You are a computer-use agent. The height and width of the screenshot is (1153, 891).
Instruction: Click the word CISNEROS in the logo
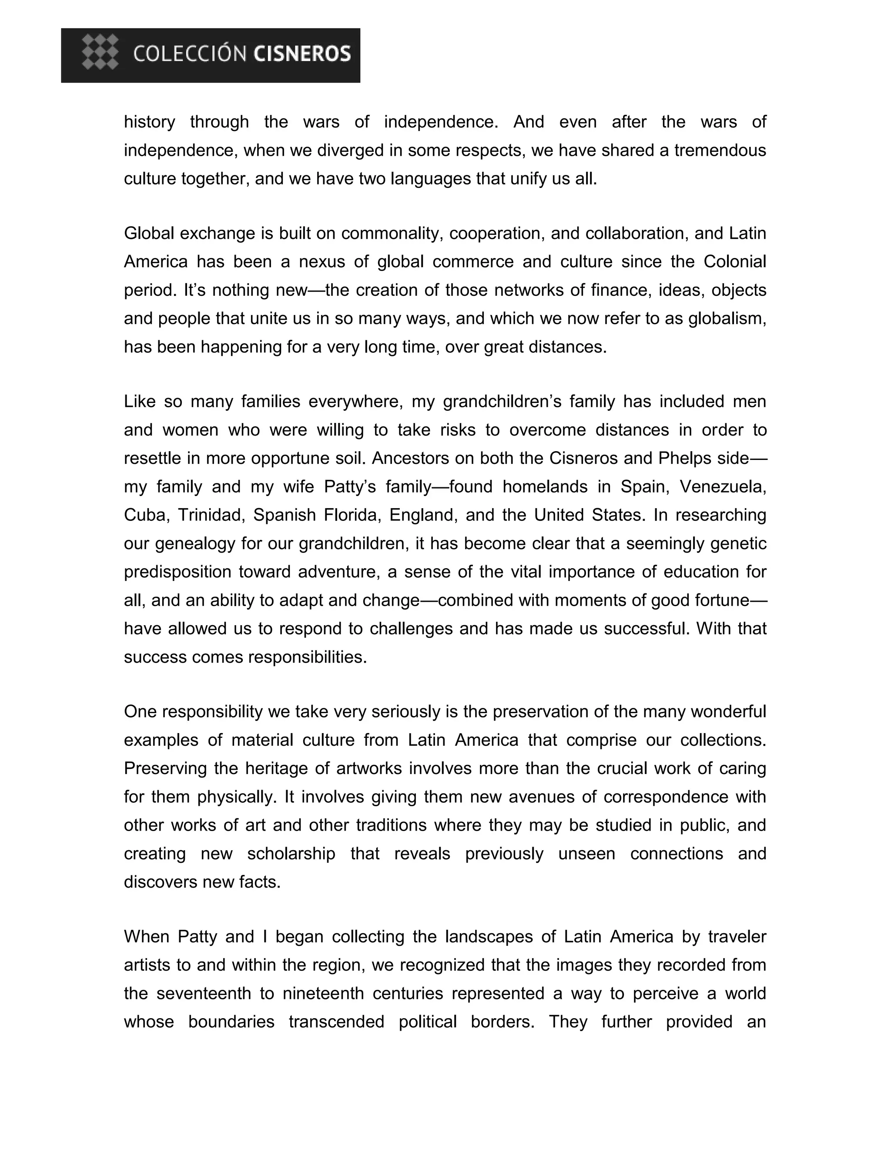point(302,54)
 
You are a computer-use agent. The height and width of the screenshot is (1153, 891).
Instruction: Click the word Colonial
point(735,262)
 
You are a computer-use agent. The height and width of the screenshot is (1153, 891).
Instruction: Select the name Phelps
point(685,458)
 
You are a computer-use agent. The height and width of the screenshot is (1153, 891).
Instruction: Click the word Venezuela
point(722,487)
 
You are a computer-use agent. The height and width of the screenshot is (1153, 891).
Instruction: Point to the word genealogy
point(195,544)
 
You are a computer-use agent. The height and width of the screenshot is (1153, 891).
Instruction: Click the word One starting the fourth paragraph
point(141,712)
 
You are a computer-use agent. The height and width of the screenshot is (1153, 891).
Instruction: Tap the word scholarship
point(291,854)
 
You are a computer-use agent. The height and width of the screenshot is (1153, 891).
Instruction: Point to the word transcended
point(336,1022)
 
